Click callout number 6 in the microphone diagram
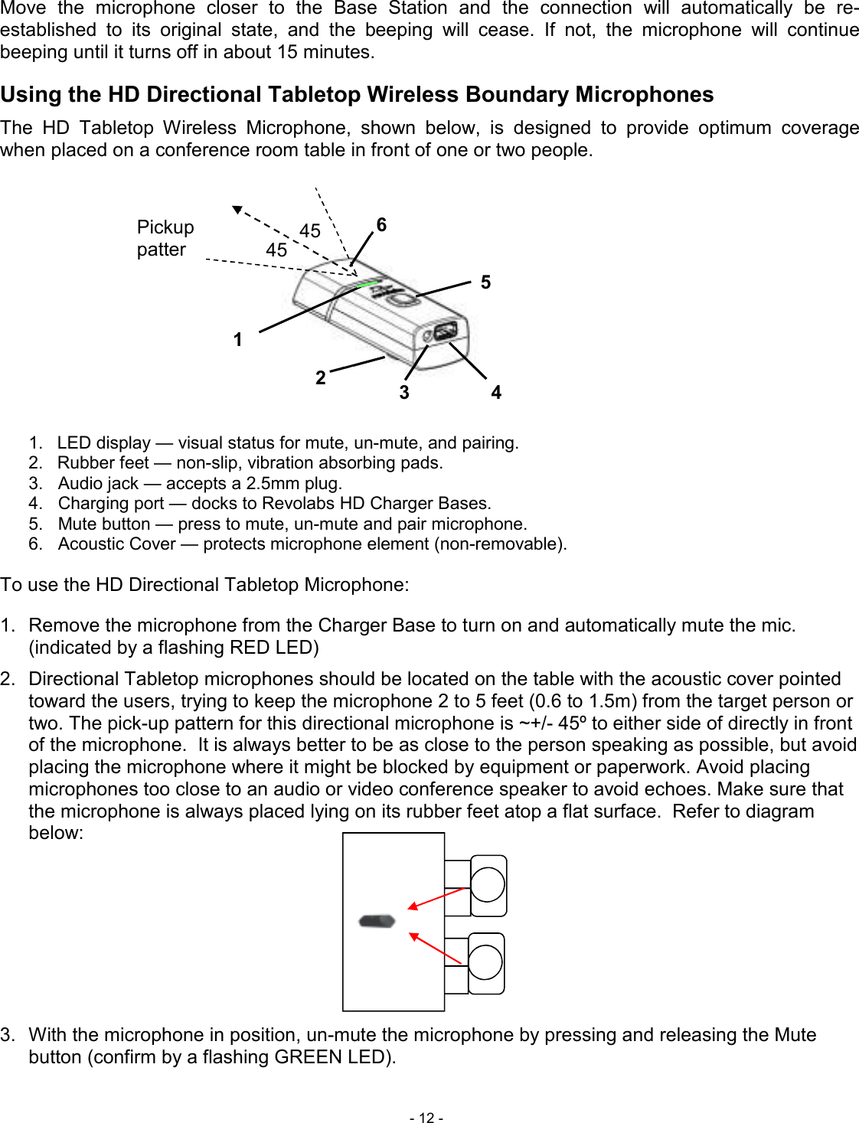coord(381,225)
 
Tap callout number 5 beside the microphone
coord(485,282)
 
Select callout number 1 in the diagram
coord(238,339)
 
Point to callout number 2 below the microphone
coord(321,377)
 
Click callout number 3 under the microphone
coord(404,393)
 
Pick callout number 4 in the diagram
coord(496,393)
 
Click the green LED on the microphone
coord(367,284)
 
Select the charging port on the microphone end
coord(445,331)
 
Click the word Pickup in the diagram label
coord(165,227)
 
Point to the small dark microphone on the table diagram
coord(377,921)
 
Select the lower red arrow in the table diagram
coord(436,948)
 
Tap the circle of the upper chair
coord(488,885)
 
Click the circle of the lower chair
coord(485,963)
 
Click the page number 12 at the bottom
coord(426,1118)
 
